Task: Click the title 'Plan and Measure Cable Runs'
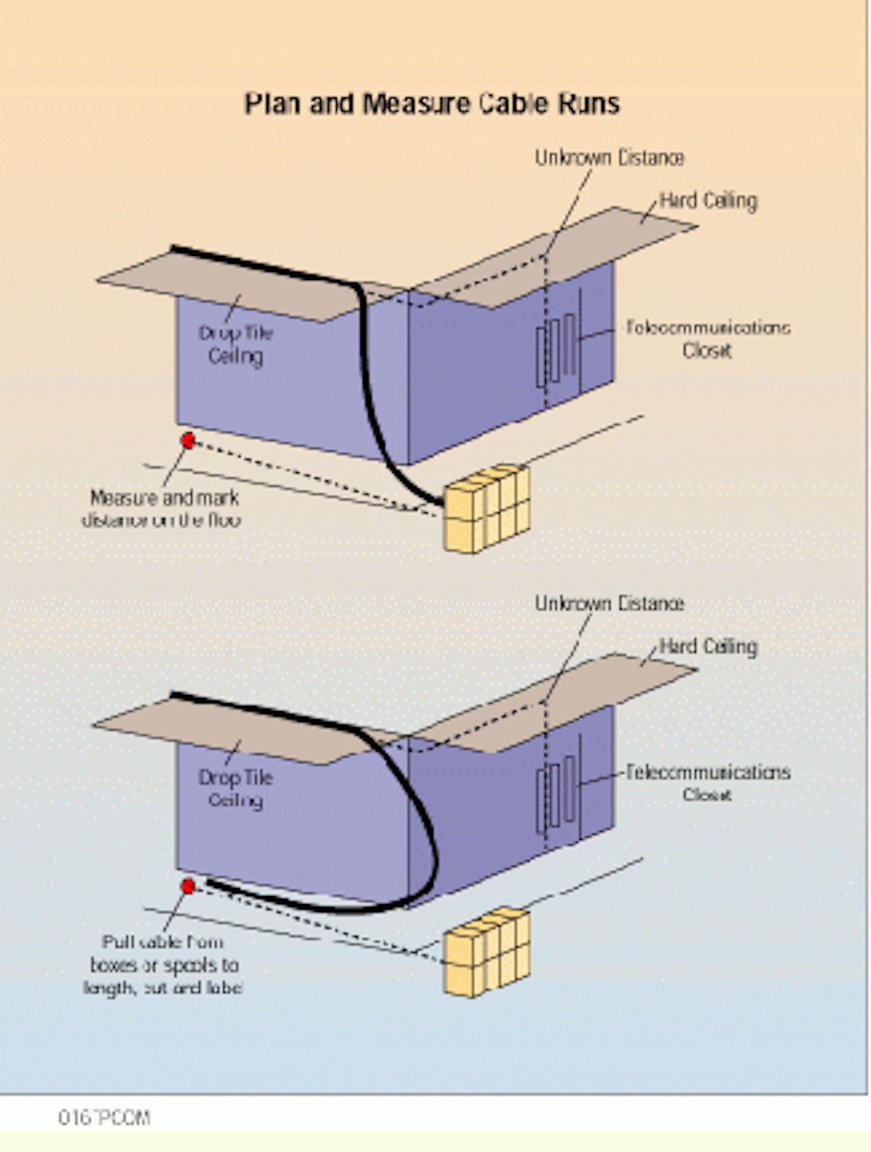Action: [432, 104]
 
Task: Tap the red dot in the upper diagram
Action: [189, 440]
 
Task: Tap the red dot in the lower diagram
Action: [189, 887]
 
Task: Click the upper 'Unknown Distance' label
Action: [609, 158]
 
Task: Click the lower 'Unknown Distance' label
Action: [609, 604]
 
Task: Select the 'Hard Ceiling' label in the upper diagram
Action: [708, 201]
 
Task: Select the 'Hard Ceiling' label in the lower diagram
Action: [708, 646]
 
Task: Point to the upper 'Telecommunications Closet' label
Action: [708, 339]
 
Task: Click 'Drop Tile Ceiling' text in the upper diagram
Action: [236, 345]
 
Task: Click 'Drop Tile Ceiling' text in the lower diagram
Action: [236, 789]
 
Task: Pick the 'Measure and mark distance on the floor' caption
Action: [162, 509]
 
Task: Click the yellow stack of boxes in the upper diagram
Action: [487, 509]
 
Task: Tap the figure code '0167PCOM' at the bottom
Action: [104, 1118]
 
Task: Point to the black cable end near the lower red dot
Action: [212, 884]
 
